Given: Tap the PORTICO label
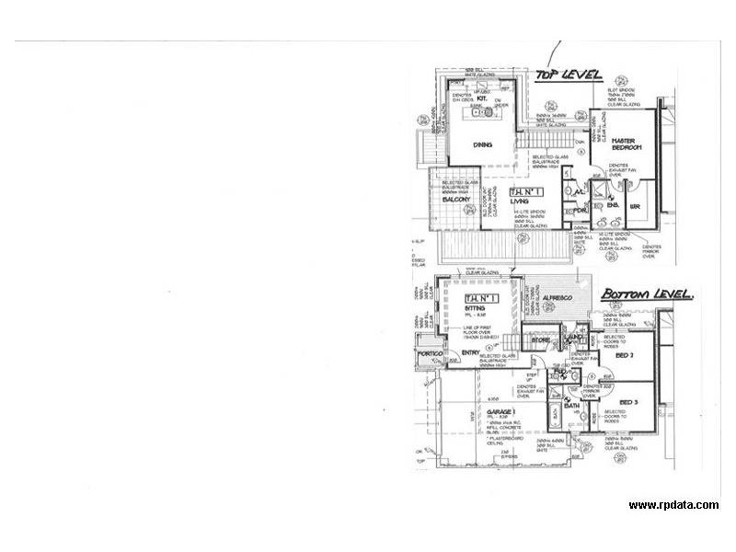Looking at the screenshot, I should click(430, 354).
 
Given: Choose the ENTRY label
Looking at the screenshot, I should click(470, 353).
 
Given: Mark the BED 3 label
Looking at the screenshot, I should click(629, 402).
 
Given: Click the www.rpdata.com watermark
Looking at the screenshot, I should click(673, 505).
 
